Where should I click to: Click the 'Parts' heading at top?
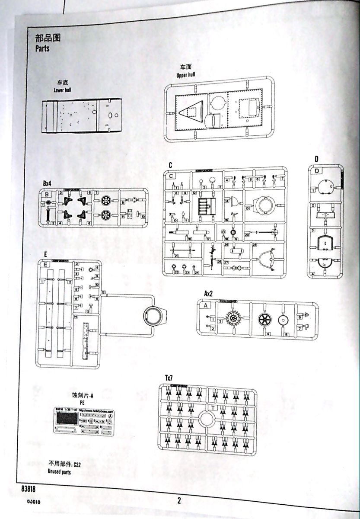(x=42, y=48)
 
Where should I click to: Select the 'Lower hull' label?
(x=62, y=90)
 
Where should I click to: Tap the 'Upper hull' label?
(x=186, y=75)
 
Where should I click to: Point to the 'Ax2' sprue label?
(x=208, y=294)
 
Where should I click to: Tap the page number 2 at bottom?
(x=178, y=501)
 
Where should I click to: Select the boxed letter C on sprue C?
(x=171, y=176)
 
